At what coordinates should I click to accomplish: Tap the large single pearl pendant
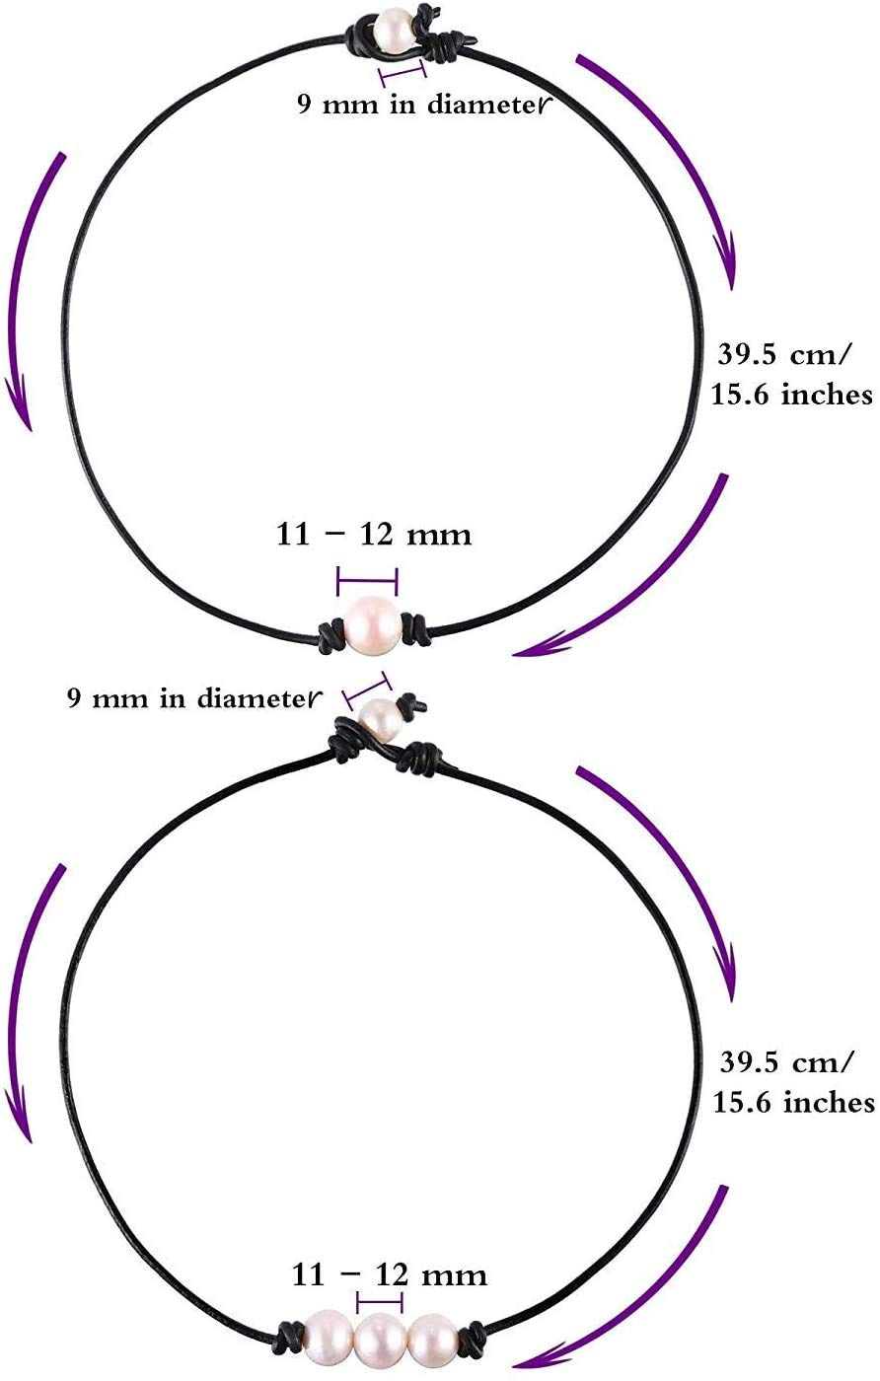374,627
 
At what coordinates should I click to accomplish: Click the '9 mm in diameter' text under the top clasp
423,103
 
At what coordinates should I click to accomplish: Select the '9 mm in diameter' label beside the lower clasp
194,698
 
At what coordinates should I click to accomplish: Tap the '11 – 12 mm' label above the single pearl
374,534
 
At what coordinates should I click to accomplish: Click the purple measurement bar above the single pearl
368,580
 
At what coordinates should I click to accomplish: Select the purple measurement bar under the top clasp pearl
403,73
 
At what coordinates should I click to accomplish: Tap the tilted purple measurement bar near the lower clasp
368,690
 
